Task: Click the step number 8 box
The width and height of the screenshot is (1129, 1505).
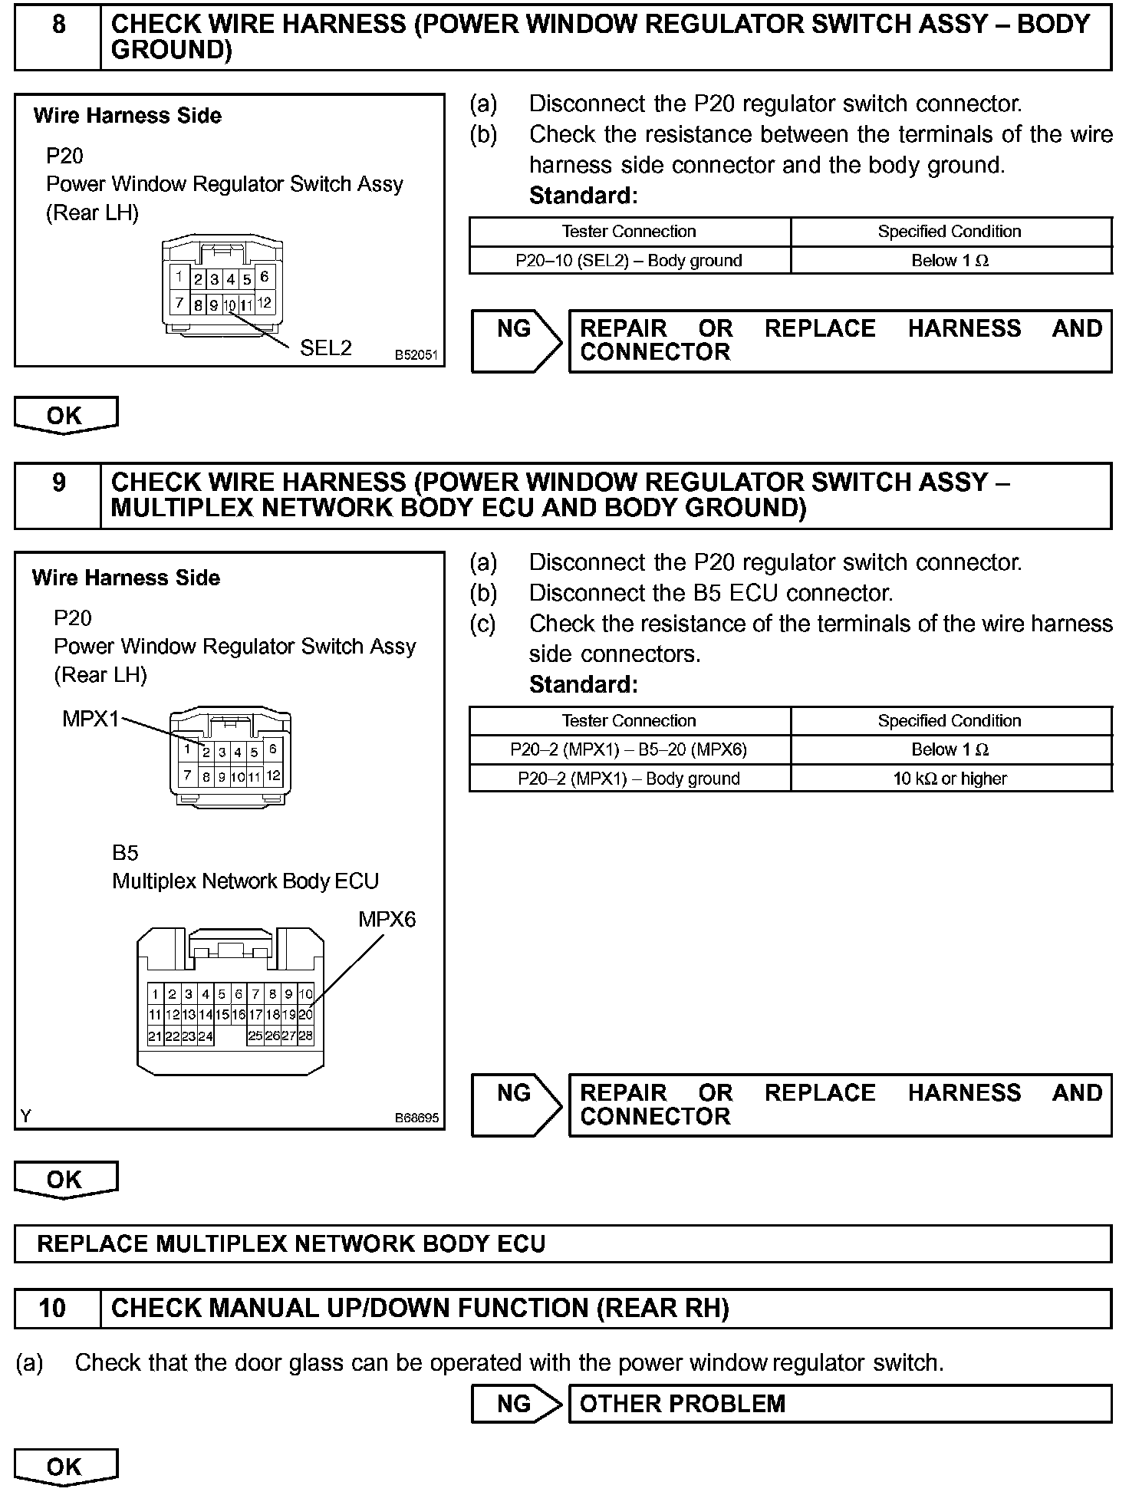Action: point(58,37)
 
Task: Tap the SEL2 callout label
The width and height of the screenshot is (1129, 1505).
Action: point(325,347)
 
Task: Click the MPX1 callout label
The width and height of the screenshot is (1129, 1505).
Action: point(91,719)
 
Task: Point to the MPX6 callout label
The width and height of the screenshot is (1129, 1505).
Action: point(387,918)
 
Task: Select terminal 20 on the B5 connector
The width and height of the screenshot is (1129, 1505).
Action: point(305,1015)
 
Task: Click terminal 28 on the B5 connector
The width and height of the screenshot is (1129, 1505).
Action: point(305,1036)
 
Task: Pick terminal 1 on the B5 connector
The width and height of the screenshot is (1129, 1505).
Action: point(155,994)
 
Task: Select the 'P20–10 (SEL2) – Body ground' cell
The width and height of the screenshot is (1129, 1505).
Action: point(629,260)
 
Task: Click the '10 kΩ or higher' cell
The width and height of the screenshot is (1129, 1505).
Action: point(950,779)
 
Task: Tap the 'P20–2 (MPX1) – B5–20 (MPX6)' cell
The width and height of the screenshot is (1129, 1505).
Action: point(629,749)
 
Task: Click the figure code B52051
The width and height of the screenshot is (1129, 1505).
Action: point(416,355)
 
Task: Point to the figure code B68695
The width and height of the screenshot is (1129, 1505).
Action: point(416,1118)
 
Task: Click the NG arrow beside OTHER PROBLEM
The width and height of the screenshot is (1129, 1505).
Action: point(516,1403)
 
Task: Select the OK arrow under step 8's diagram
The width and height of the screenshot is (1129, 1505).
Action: point(66,415)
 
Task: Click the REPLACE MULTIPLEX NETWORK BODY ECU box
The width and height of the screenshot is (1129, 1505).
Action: point(562,1243)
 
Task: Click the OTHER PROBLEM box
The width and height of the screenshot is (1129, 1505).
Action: point(839,1403)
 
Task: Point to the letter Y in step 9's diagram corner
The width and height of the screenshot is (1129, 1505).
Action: point(26,1117)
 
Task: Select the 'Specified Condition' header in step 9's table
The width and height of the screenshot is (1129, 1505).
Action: point(950,720)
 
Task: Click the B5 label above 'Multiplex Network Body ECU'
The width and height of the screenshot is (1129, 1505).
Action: point(125,852)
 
